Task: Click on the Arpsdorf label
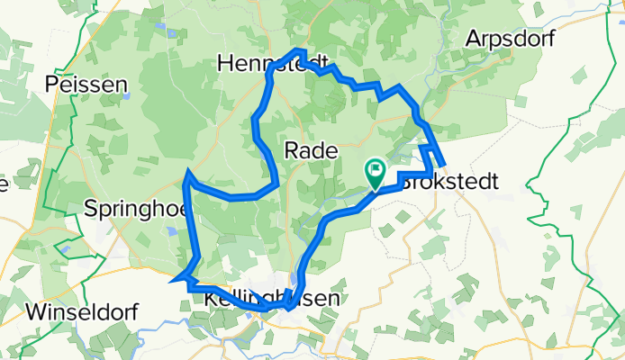pyautogui.click(x=505, y=39)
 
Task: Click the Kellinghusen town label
pyautogui.click(x=259, y=298)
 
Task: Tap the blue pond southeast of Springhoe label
pyautogui.click(x=171, y=231)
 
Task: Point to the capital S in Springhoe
pyautogui.click(x=90, y=209)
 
